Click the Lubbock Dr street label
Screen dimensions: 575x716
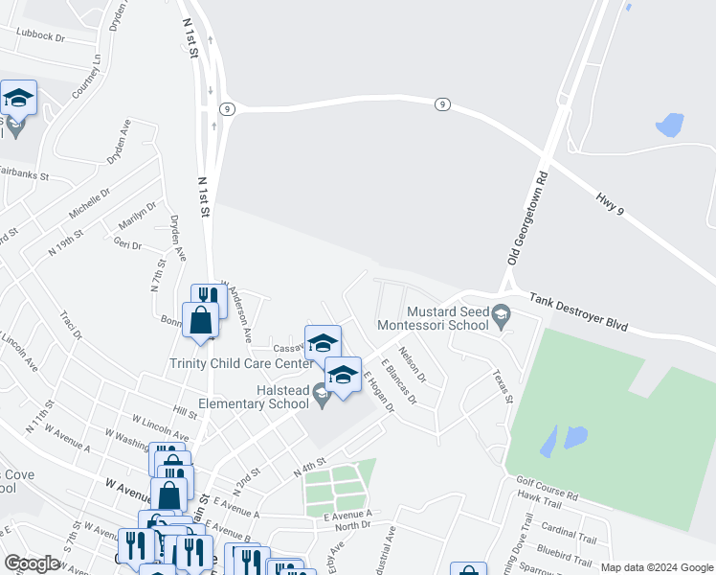pyautogui.click(x=39, y=36)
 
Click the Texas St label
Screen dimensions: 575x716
pyautogui.click(x=503, y=386)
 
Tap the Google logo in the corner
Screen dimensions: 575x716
pyautogui.click(x=32, y=563)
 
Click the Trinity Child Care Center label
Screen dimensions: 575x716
pyautogui.click(x=241, y=363)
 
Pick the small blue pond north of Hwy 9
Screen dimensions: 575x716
pyautogui.click(x=669, y=126)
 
